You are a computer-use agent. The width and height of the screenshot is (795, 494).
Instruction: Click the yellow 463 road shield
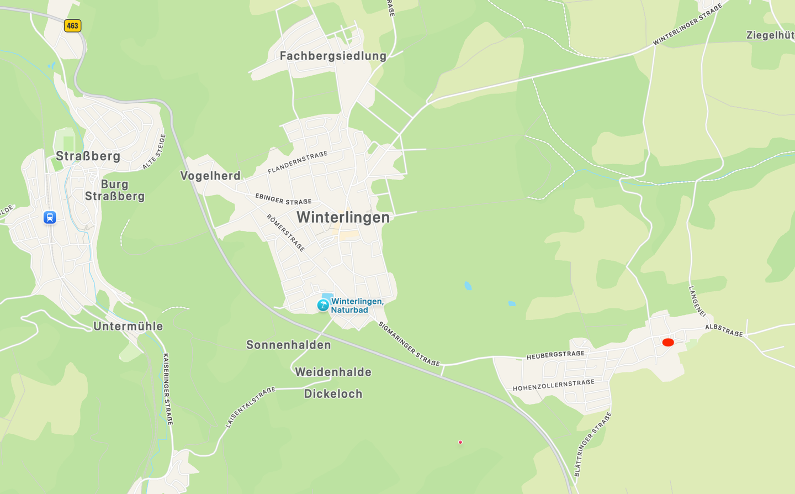pos(72,25)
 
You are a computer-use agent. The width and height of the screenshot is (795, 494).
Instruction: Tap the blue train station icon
pos(50,217)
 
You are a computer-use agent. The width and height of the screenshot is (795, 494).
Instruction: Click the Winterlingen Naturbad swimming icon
pos(323,305)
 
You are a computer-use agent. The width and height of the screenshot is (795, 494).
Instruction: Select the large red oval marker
pos(668,343)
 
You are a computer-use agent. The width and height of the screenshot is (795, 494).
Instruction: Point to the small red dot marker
pos(460,442)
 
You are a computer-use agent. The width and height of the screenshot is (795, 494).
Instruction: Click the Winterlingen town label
pos(343,218)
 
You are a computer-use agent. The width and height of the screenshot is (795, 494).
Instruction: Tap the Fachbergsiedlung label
pos(333,56)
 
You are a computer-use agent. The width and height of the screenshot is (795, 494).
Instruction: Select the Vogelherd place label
pos(210,176)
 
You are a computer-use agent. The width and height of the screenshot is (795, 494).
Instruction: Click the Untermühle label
pos(128,326)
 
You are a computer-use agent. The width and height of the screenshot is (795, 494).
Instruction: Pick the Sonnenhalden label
pos(288,345)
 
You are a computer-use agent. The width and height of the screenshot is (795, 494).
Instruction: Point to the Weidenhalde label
pos(333,372)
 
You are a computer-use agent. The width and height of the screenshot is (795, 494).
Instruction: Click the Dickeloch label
pos(333,394)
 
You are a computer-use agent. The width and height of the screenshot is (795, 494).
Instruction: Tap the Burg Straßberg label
pos(114,190)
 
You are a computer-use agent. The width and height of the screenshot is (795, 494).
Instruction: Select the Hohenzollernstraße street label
pos(554,385)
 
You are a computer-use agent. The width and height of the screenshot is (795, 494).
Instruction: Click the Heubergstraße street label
pos(555,355)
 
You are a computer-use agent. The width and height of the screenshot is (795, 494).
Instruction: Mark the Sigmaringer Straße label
pos(409,344)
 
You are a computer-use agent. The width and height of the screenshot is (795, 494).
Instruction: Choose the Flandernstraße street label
pos(298,162)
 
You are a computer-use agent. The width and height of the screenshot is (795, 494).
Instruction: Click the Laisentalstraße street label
pos(250,407)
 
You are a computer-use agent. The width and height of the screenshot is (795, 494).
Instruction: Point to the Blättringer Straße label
pos(593,444)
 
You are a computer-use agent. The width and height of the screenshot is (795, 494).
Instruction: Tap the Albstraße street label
pos(724,330)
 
